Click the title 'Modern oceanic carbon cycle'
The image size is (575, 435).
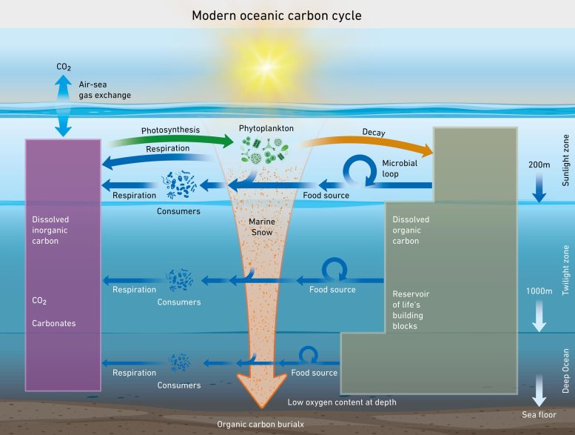pos(287,14)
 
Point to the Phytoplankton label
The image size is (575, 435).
pos(266,128)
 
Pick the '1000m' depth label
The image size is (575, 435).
pos(538,291)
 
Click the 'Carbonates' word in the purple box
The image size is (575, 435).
pos(55,324)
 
